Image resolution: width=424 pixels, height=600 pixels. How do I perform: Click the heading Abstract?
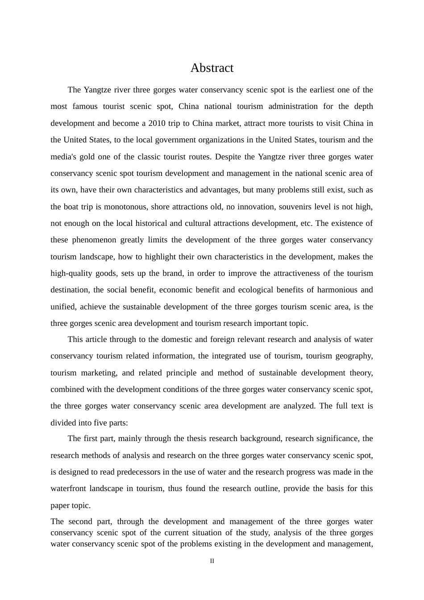(x=212, y=68)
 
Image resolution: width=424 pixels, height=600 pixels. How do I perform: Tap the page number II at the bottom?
(x=212, y=561)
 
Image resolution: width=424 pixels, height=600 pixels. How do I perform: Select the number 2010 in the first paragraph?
(x=158, y=123)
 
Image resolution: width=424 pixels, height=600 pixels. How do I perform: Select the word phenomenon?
(x=92, y=240)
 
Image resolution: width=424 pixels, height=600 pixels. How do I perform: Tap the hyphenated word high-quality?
(x=71, y=273)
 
